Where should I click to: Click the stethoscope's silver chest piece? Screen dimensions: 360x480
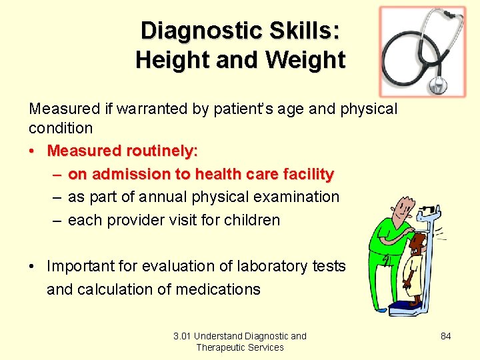click(438, 85)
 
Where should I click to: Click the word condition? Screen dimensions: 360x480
click(61, 127)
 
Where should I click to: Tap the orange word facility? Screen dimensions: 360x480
click(304, 174)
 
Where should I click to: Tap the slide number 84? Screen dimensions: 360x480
click(446, 336)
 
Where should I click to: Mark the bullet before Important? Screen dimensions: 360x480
click(32, 267)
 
